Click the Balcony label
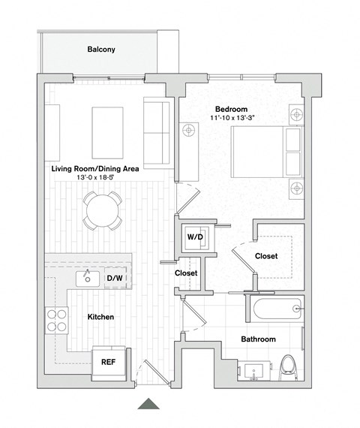coord(100,50)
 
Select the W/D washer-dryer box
coord(196,237)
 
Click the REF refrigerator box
coord(108,361)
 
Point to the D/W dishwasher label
coord(115,279)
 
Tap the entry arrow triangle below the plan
coord(148,404)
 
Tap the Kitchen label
coord(100,318)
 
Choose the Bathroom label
coord(257,339)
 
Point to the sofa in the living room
coord(156,134)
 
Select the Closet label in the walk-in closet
coord(266,256)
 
